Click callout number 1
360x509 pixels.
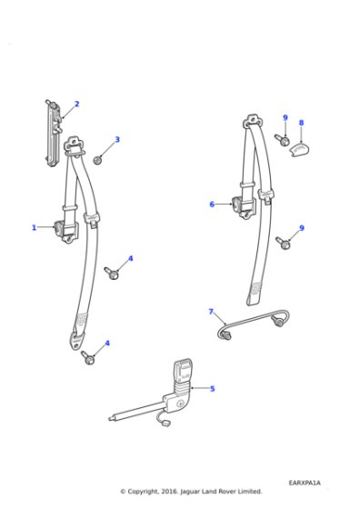click(x=35, y=227)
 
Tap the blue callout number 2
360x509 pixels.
click(x=76, y=104)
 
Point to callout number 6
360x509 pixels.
click(x=212, y=205)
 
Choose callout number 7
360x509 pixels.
click(x=212, y=312)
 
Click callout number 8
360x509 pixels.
click(x=301, y=123)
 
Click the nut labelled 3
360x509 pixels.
click(x=98, y=160)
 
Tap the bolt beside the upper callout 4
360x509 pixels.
click(x=112, y=272)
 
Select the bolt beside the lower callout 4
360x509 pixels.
click(x=89, y=356)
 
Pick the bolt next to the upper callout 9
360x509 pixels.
click(x=282, y=140)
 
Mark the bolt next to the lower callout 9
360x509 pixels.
click(x=284, y=243)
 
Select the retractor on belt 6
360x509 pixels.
click(x=243, y=207)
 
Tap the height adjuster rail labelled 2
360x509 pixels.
click(x=54, y=133)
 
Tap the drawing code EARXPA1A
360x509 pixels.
click(x=305, y=483)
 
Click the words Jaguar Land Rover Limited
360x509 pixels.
click(x=219, y=492)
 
